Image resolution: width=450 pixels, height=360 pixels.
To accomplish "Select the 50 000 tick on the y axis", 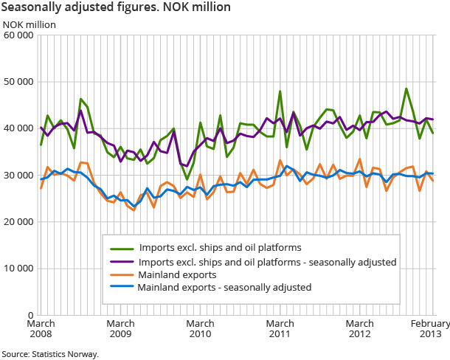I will pos(18,81).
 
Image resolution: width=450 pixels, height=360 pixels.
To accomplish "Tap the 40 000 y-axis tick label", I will pos(18,128).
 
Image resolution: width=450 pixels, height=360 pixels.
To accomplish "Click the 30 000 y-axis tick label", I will pos(18,175).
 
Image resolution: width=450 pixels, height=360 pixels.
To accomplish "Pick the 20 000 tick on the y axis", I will pos(18,221).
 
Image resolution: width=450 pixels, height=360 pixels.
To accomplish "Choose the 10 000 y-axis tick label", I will pos(18,269).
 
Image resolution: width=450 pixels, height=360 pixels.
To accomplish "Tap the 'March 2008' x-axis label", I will pos(40,329).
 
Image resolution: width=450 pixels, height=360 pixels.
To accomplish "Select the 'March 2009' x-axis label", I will pos(120,329).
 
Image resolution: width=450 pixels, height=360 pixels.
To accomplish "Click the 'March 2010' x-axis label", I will pos(200,329).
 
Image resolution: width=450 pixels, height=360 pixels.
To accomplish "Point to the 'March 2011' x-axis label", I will pos(280,329).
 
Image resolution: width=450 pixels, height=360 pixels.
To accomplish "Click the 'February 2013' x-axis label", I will pos(430,329).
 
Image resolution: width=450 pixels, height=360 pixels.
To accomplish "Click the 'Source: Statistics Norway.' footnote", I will pos(49,354).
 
